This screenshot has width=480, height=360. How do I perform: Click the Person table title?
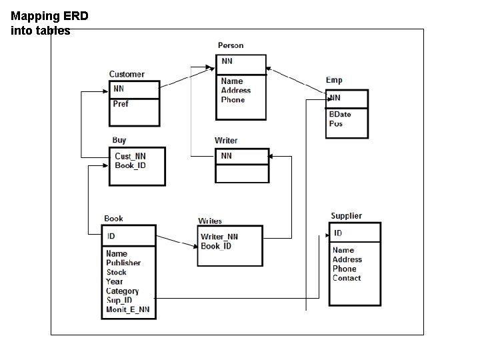[231, 45]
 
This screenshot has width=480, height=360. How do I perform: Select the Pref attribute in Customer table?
[121, 104]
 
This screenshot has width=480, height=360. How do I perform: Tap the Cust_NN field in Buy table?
[130, 156]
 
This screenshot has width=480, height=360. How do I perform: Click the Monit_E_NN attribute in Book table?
[128, 309]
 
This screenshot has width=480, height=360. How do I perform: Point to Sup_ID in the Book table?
[119, 300]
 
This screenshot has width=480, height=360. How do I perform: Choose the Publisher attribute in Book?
[123, 263]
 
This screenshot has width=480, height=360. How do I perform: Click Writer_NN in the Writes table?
[219, 237]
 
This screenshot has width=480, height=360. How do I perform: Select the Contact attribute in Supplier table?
[347, 278]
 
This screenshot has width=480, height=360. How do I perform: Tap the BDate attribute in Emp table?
[340, 114]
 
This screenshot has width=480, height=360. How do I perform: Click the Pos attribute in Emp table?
[336, 123]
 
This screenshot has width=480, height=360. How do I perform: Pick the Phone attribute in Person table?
[233, 100]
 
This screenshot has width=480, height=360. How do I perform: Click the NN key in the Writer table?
[227, 155]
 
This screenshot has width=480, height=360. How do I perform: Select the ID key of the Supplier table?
[338, 233]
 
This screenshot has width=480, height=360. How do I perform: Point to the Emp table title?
[334, 80]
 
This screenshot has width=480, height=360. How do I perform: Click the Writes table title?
[210, 221]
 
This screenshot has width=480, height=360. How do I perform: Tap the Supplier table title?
[346, 216]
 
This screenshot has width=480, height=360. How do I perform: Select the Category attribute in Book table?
[122, 291]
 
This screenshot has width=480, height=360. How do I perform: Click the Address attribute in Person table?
[236, 91]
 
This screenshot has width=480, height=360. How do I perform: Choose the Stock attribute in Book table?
[116, 272]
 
